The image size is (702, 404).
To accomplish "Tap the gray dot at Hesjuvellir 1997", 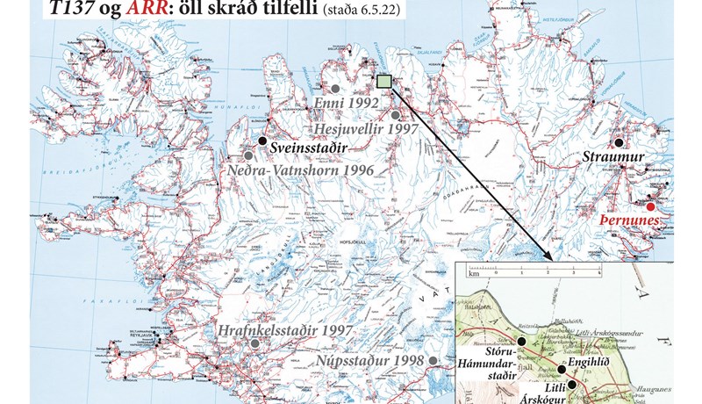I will [x=397, y=115].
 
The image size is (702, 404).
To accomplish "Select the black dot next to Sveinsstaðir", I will [x=261, y=141].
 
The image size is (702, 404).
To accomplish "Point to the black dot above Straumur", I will [x=619, y=141].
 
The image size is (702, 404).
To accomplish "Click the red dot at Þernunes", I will [x=649, y=198].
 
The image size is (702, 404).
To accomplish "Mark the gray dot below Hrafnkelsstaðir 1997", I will [x=254, y=343].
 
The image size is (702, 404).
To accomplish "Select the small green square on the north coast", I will [x=383, y=82].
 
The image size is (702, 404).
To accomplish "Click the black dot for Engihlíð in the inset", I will [x=562, y=369].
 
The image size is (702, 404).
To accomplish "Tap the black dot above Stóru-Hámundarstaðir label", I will [x=521, y=341].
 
